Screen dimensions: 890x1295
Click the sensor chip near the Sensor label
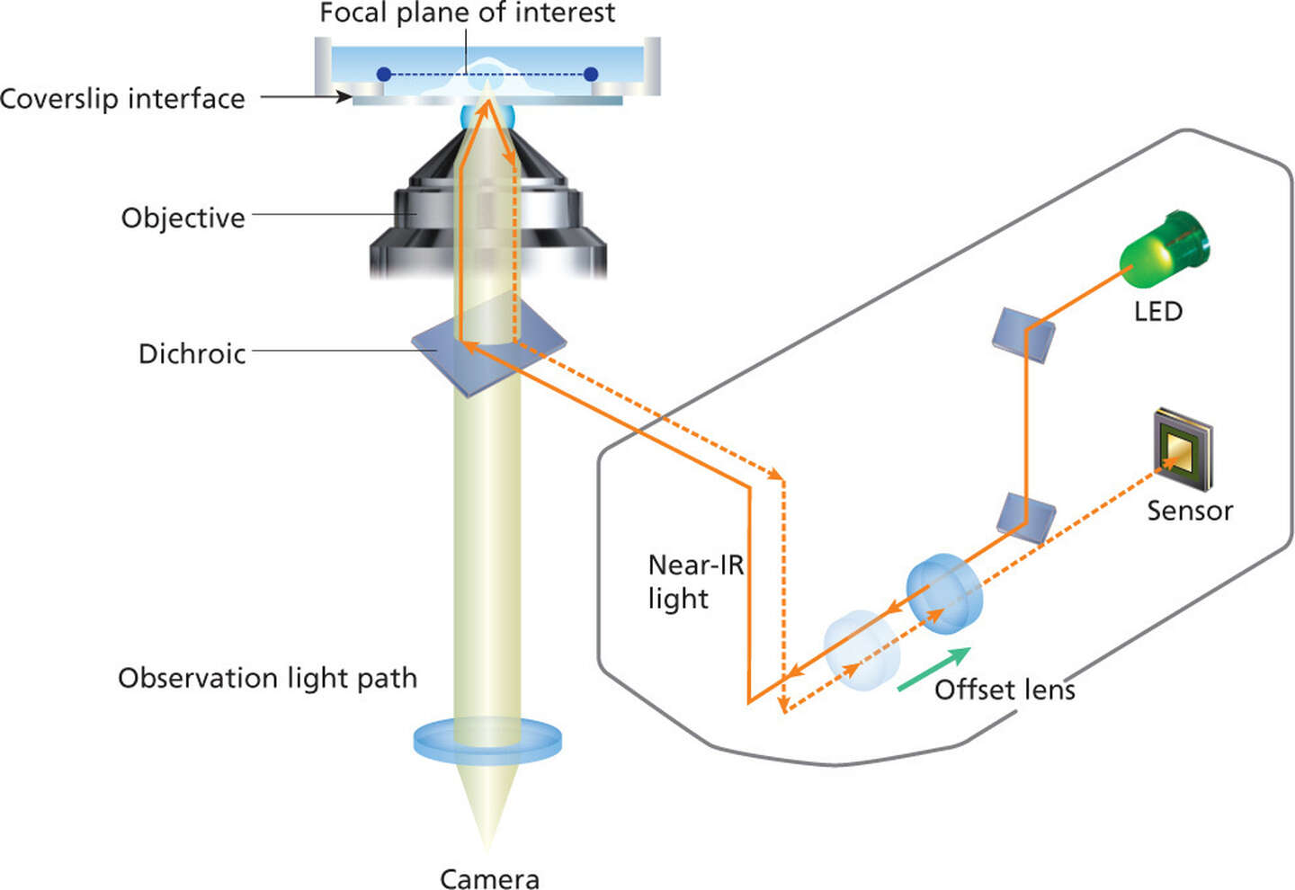[x=1183, y=446]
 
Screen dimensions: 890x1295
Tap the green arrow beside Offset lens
[x=933, y=669]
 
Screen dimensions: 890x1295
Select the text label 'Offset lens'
[x=1005, y=690]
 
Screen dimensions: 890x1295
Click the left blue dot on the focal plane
[x=384, y=75]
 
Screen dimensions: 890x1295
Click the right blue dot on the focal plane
[x=591, y=75]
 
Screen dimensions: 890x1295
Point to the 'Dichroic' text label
[x=192, y=353]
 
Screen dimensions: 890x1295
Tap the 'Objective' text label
[x=183, y=218]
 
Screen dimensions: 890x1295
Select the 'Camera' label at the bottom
[x=489, y=877]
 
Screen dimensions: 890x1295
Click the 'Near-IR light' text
[x=695, y=582]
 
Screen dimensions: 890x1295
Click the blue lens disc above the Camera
[x=487, y=740]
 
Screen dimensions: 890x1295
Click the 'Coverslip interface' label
[x=122, y=98]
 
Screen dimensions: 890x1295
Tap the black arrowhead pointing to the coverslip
[x=344, y=96]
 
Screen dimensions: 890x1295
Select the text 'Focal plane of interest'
[x=467, y=13]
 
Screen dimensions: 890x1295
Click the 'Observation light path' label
[x=267, y=678]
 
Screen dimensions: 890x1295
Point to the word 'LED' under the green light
[x=1157, y=311]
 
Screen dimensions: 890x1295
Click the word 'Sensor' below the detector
[x=1189, y=511]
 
